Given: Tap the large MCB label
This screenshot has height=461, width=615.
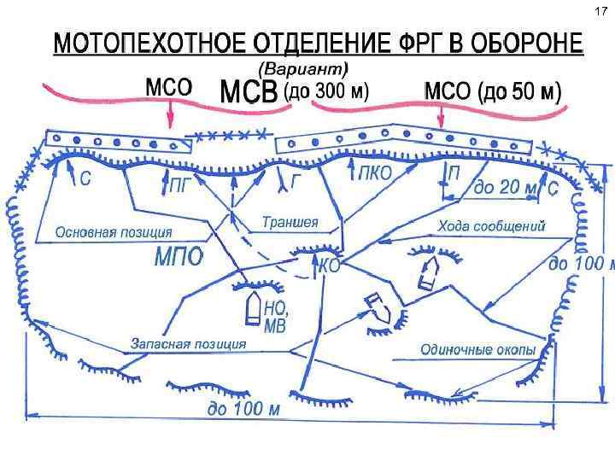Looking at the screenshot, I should click(x=248, y=90).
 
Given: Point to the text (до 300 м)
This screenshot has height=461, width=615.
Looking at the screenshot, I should click(x=326, y=92).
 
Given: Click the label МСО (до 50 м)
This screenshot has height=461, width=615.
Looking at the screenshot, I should click(x=493, y=91).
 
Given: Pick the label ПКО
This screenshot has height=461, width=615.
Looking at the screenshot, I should click(x=374, y=173).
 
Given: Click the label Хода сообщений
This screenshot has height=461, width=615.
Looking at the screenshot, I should click(x=491, y=226).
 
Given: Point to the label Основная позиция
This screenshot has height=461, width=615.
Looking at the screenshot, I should click(x=114, y=231).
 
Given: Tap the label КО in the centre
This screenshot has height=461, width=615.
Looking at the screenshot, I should click(x=329, y=266).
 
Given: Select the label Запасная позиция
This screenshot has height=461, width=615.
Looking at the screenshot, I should click(x=188, y=343).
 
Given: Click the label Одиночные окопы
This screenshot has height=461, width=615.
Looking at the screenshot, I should click(x=478, y=350).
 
